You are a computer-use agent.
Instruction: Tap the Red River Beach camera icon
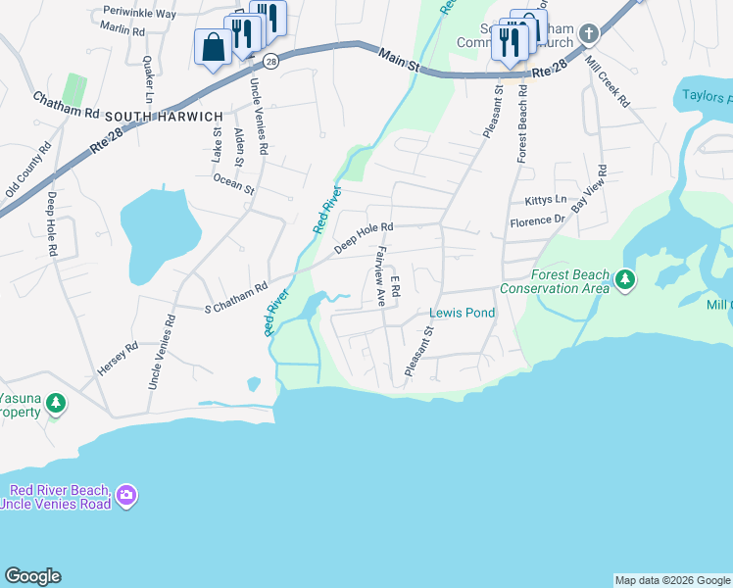pyautogui.click(x=125, y=496)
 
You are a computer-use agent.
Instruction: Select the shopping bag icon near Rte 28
pyautogui.click(x=213, y=49)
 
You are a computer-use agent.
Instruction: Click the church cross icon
pyautogui.click(x=588, y=33)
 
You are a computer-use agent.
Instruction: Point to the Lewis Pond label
pyautogui.click(x=463, y=314)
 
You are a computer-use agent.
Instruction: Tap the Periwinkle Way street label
pyautogui.click(x=138, y=15)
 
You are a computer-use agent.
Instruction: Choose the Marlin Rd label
pyautogui.click(x=122, y=31)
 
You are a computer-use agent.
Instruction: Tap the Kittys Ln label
pyautogui.click(x=546, y=200)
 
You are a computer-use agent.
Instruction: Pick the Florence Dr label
pyautogui.click(x=539, y=221)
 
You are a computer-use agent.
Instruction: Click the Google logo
pyautogui.click(x=32, y=576)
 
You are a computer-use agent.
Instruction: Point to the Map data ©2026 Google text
pyautogui.click(x=671, y=580)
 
